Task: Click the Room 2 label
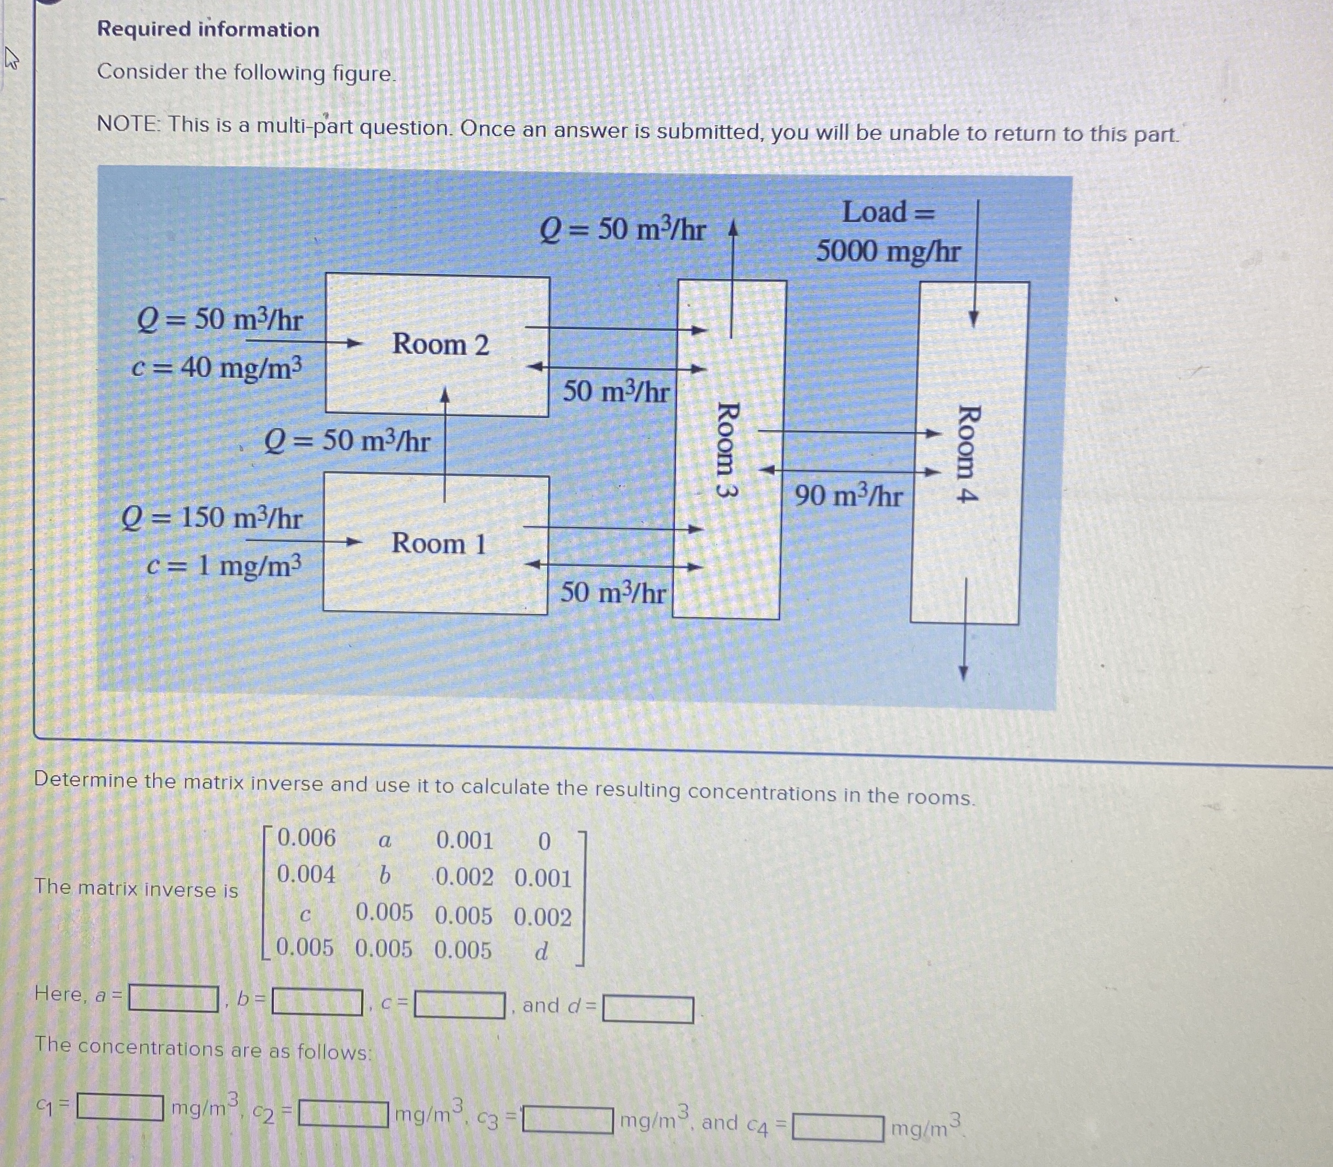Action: pyautogui.click(x=440, y=345)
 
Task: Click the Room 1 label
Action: pyautogui.click(x=439, y=544)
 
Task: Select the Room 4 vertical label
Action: pyautogui.click(x=968, y=453)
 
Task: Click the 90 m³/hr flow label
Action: pyautogui.click(x=848, y=496)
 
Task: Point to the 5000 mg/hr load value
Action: pyautogui.click(x=888, y=251)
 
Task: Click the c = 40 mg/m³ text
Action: pyautogui.click(x=217, y=369)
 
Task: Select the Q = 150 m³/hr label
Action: pyautogui.click(x=212, y=518)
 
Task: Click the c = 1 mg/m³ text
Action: pyautogui.click(x=225, y=566)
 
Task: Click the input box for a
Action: pyautogui.click(x=173, y=997)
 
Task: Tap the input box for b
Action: pyautogui.click(x=317, y=1002)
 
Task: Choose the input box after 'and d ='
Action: pyautogui.click(x=648, y=1010)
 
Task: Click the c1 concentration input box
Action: pyautogui.click(x=121, y=1107)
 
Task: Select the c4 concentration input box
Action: pyautogui.click(x=838, y=1128)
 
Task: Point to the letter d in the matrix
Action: pyautogui.click(x=541, y=952)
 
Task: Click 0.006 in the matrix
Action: pyautogui.click(x=306, y=838)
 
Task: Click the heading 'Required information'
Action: pyautogui.click(x=208, y=29)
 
